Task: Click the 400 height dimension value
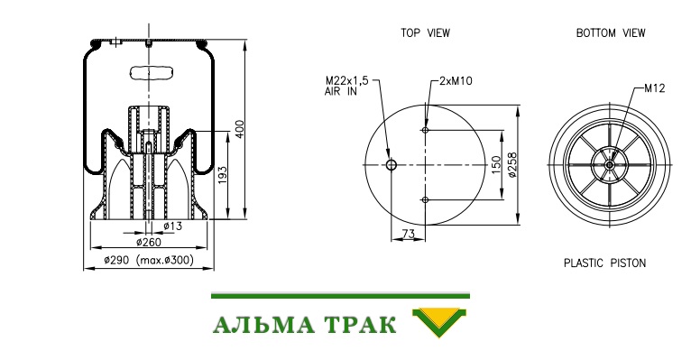coord(240,129)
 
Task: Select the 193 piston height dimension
coord(222,176)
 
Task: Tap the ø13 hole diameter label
coord(173,226)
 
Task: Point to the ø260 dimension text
coord(149,242)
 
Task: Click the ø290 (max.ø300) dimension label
coord(149,260)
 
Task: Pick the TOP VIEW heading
coord(425,33)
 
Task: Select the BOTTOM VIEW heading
coord(611,33)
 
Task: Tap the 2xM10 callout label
coord(456,81)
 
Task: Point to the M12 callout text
coord(654,88)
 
